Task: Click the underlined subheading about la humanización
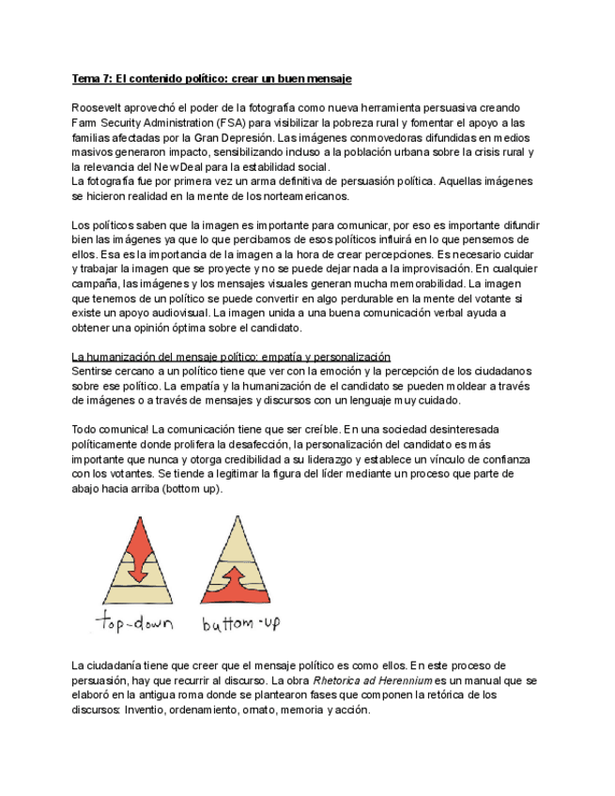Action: coord(231,357)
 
